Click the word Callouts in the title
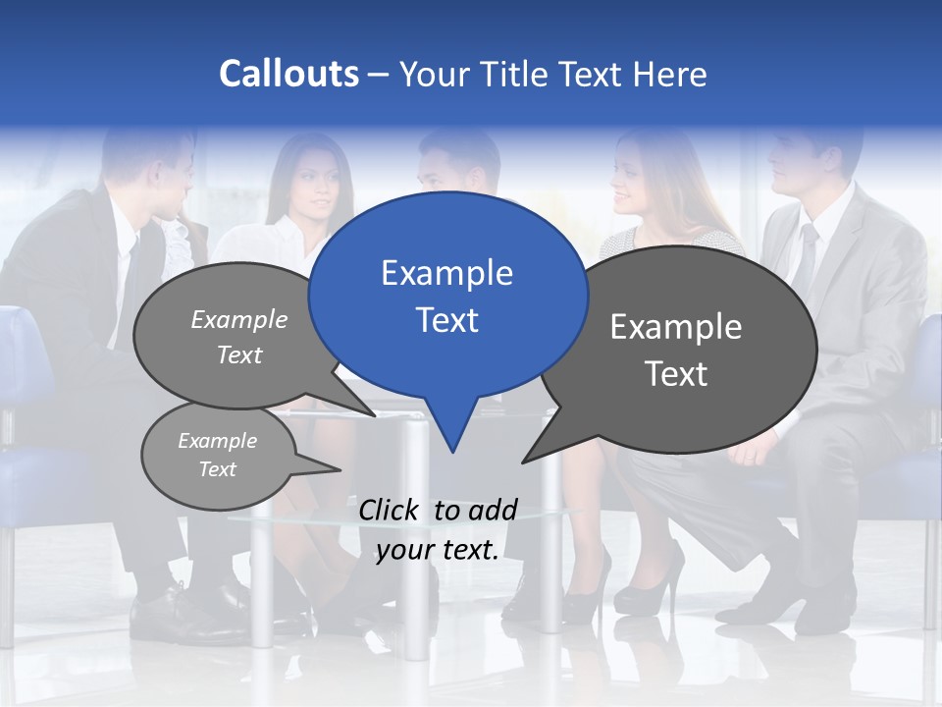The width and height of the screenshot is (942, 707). [x=288, y=74]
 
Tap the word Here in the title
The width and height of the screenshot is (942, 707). [x=669, y=74]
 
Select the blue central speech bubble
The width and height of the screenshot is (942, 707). [x=447, y=295]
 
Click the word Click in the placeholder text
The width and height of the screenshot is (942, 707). [x=390, y=510]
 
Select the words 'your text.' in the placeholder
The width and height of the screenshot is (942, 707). [x=438, y=550]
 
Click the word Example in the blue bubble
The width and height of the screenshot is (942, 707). [x=446, y=273]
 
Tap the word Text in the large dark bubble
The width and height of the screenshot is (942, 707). [x=676, y=374]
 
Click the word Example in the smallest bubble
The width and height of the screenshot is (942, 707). [x=218, y=441]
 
